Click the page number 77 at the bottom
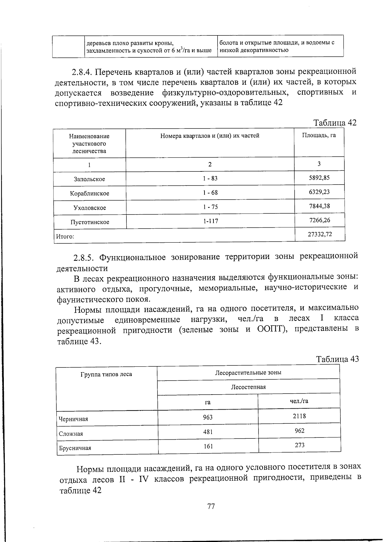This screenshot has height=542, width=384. [211, 506]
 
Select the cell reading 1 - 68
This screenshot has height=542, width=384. [210, 192]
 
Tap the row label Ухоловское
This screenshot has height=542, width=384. [90, 208]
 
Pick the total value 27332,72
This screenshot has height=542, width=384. [320, 234]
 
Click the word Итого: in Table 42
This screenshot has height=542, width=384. [65, 237]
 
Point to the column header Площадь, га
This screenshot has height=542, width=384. [319, 135]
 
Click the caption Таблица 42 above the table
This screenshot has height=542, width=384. [334, 123]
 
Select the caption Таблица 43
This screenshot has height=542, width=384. [337, 359]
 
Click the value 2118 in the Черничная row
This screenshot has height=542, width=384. [299, 416]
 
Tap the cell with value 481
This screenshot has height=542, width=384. [208, 432]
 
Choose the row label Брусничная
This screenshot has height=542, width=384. [75, 448]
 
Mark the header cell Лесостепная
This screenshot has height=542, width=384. [248, 387]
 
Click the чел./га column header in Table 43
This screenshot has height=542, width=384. [299, 401]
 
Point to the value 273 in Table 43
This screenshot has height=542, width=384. [300, 445]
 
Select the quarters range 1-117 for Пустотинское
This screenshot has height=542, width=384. [210, 221]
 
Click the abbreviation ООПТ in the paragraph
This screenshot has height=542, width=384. [271, 329]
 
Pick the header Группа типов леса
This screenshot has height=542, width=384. [106, 374]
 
